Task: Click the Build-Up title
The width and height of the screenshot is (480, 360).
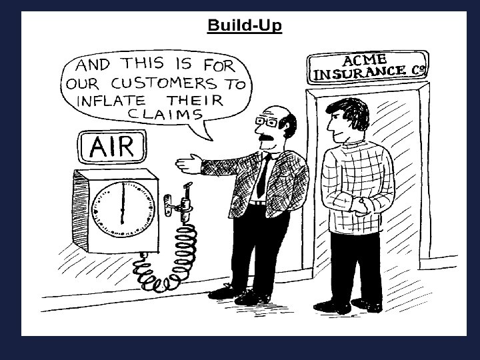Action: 245,25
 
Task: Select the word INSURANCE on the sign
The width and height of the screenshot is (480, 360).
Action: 359,70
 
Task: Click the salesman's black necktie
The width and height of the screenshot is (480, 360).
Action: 263,176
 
